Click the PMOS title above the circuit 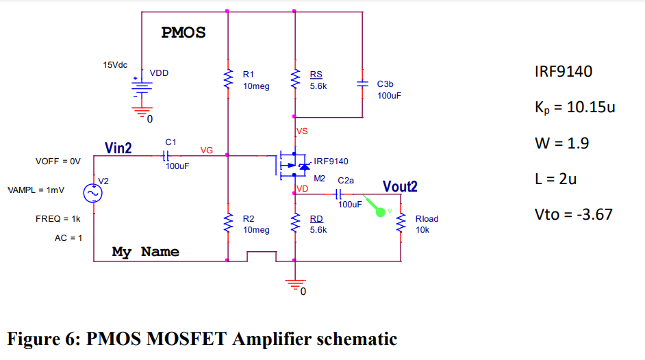(x=183, y=33)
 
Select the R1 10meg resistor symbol (x=227, y=81)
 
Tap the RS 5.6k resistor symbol (x=295, y=81)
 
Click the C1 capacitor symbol (x=166, y=155)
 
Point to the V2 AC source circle (x=93, y=193)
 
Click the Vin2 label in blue (x=118, y=148)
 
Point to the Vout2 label (x=400, y=186)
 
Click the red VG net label (x=206, y=150)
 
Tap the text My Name (x=145, y=252)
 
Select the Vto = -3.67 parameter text (x=573, y=214)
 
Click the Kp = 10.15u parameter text (x=570, y=107)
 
